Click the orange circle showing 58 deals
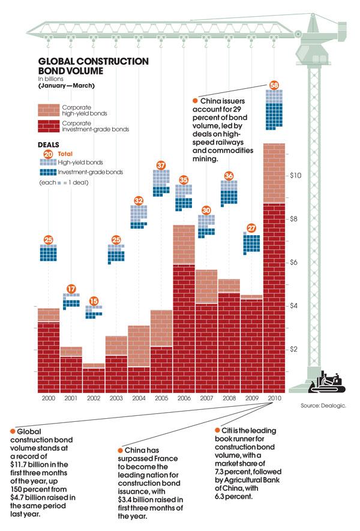click(x=274, y=84)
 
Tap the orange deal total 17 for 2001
click(x=71, y=288)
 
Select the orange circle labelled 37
click(x=161, y=164)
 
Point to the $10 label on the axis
click(x=296, y=176)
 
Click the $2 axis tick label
click(x=295, y=349)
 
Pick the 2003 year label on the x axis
click(x=116, y=398)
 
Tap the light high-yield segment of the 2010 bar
click(x=274, y=173)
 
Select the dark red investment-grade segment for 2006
click(x=184, y=327)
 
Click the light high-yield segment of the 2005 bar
click(x=161, y=328)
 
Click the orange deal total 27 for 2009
click(x=251, y=228)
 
